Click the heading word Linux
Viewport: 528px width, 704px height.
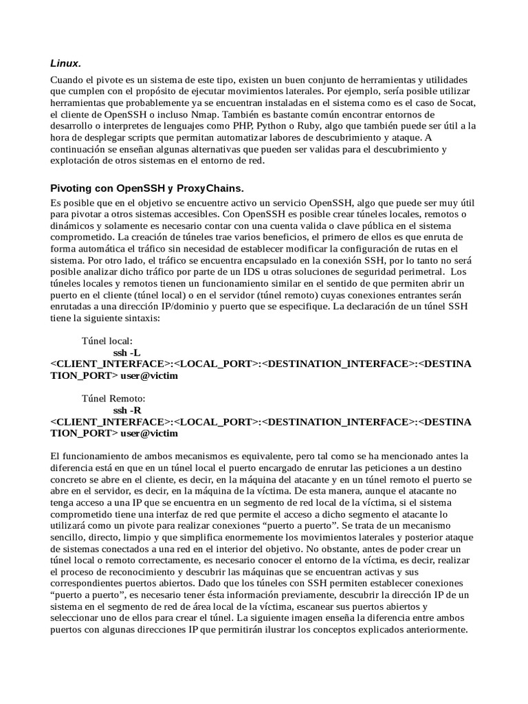click(x=65, y=63)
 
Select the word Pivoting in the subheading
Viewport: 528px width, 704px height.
click(x=71, y=188)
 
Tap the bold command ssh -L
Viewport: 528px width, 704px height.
click(x=126, y=353)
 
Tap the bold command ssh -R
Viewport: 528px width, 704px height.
click(x=127, y=410)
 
